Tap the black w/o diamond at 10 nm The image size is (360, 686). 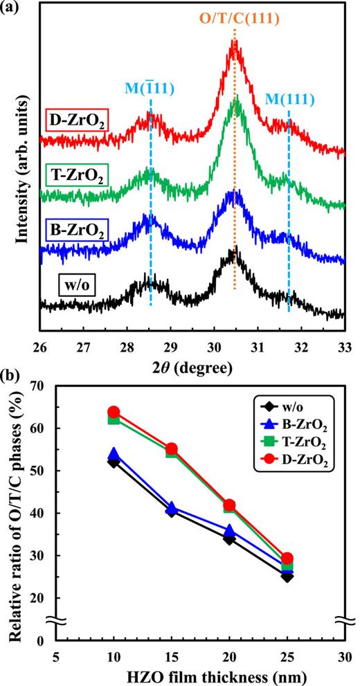click(114, 462)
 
